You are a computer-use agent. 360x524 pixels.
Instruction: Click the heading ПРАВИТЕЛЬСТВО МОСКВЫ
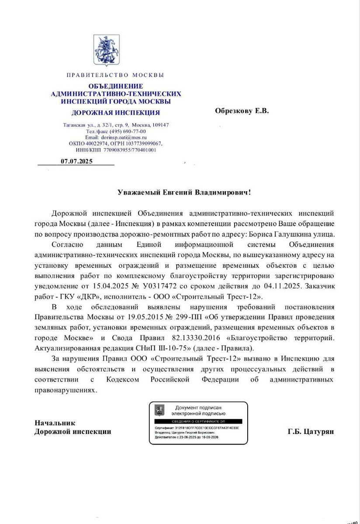tap(115, 75)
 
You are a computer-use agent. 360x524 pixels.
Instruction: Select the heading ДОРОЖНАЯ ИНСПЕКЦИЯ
tap(115, 113)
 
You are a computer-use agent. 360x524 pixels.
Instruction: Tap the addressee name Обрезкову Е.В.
tap(242, 111)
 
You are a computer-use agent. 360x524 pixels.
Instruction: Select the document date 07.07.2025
tap(76, 162)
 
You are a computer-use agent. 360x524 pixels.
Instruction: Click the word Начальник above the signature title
tap(55, 423)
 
